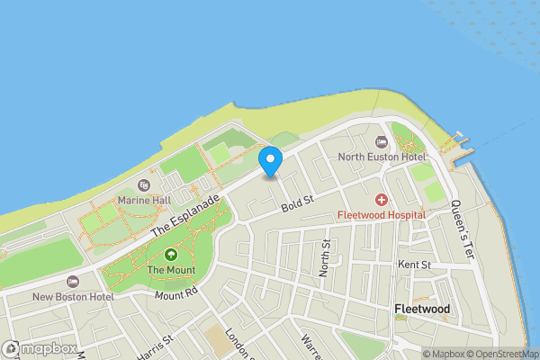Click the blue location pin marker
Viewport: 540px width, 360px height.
point(271,161)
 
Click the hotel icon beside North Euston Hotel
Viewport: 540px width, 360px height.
point(382,141)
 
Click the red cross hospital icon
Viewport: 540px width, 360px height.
point(382,199)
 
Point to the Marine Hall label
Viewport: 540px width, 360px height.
point(144,201)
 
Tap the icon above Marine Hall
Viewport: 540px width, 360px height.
point(144,185)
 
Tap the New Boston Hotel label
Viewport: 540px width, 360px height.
point(73,296)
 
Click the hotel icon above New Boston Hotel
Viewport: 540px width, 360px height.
point(73,281)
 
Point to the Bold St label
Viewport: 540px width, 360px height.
point(293,207)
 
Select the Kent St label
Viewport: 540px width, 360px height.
point(415,265)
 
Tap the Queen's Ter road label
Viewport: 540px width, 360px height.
point(461,229)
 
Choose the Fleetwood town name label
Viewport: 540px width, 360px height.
point(422,310)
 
